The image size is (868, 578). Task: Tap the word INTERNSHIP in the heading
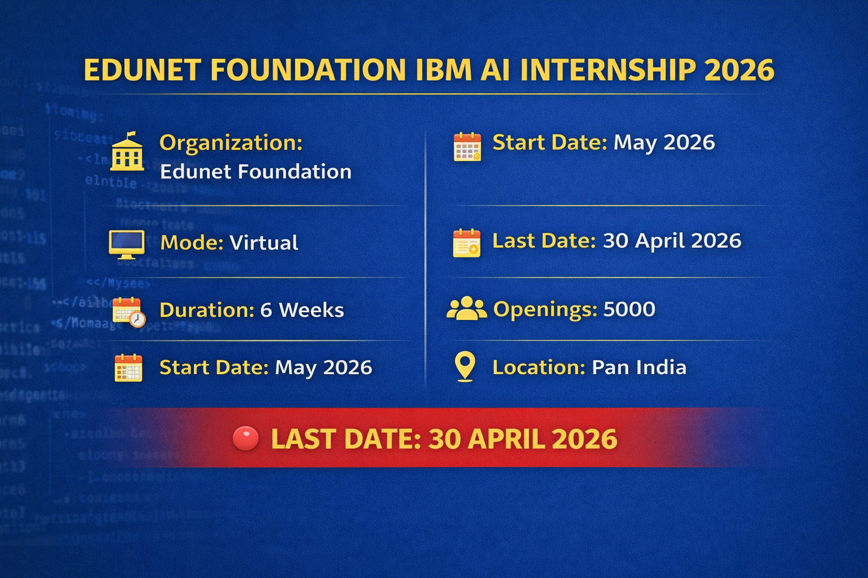coord(608,70)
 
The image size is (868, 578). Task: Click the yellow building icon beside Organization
coord(127,152)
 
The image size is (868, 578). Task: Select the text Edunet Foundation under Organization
coord(255,172)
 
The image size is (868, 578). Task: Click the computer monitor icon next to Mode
coord(127,244)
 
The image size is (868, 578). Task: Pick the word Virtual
coord(263,243)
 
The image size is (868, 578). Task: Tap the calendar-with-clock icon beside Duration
coord(128,312)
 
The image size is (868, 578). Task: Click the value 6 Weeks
coord(302,310)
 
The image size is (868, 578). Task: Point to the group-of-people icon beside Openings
coord(466,309)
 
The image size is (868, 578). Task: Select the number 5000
coord(629,309)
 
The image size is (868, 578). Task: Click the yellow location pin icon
coord(465,366)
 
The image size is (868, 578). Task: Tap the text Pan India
coord(639,367)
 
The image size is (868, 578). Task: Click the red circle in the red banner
coord(245,439)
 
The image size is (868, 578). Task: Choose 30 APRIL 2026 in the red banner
coord(523,439)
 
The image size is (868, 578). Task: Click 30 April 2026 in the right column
coord(671,241)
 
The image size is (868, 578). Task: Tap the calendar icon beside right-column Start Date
coord(467,147)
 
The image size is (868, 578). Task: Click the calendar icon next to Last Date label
coord(467,243)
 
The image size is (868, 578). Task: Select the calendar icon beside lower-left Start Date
coord(128,368)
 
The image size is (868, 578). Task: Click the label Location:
coord(538,367)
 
